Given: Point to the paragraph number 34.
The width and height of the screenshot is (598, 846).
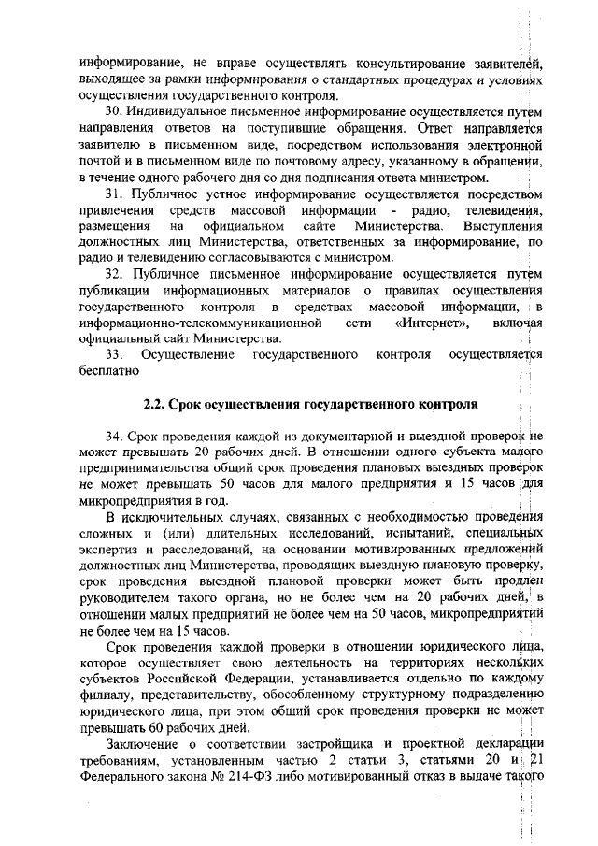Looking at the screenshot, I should (x=113, y=437).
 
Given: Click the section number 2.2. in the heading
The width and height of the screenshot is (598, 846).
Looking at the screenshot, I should (x=157, y=405).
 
